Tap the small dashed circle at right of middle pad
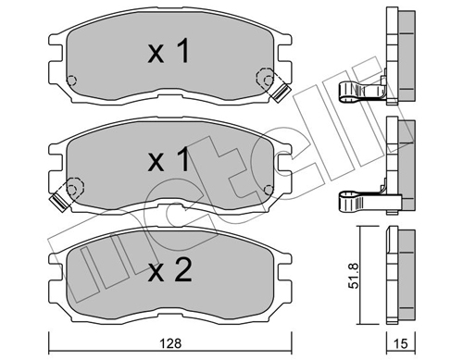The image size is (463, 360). point(269,189)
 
